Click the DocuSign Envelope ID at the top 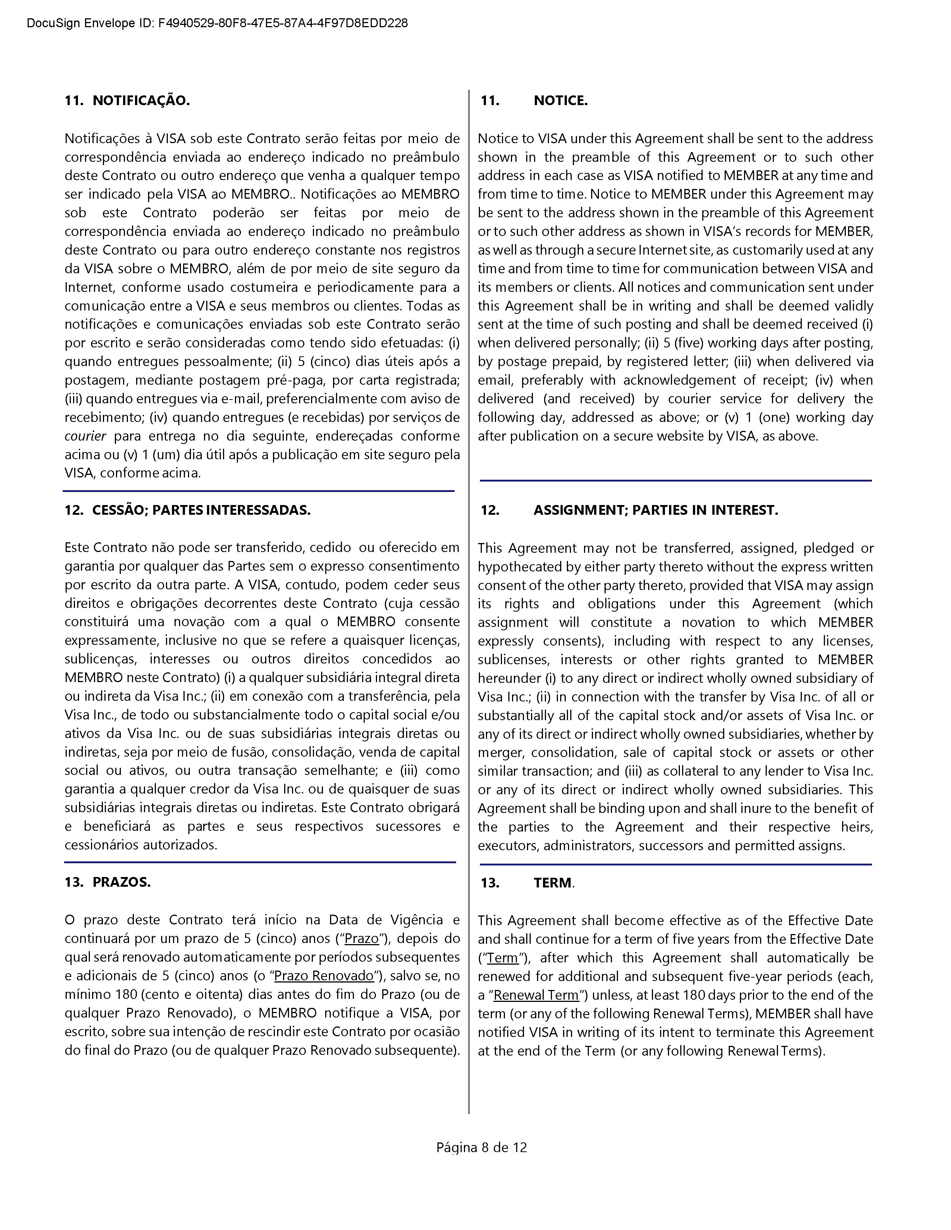tap(217, 23)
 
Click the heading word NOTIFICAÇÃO tap(141, 101)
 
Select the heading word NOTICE tap(561, 101)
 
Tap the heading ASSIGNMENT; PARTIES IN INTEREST tap(656, 510)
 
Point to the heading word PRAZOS tap(122, 882)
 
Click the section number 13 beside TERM tap(490, 883)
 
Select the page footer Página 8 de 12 tap(482, 1147)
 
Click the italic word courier tap(85, 436)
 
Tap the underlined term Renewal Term tap(536, 995)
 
